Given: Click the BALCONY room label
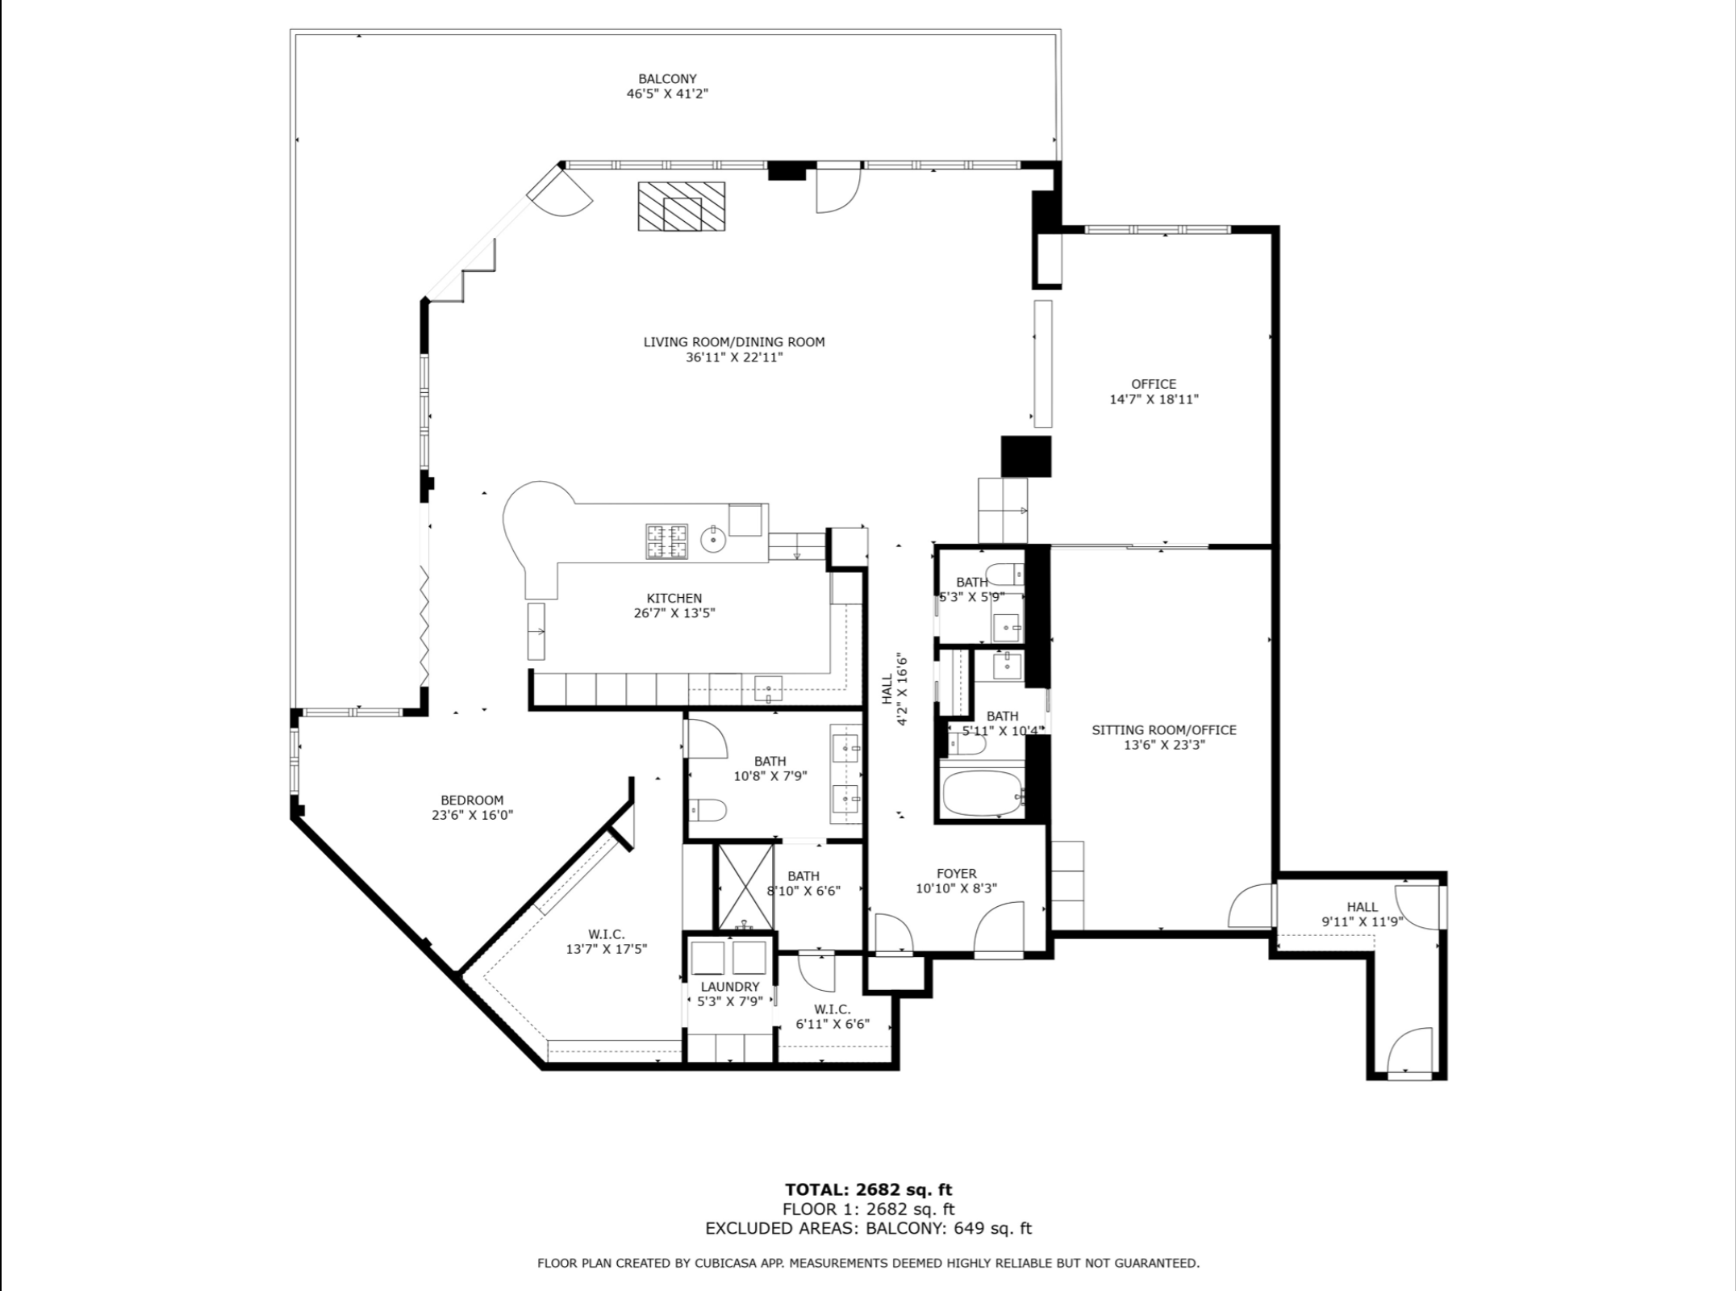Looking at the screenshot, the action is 667,79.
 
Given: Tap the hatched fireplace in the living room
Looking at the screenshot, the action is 682,206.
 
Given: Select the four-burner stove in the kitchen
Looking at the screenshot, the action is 666,541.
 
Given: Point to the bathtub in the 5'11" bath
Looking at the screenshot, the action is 983,793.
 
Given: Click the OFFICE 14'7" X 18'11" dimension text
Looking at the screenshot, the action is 1154,399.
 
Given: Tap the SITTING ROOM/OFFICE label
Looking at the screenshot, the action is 1164,730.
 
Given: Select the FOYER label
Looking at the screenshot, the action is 957,873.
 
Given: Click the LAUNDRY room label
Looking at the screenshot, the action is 730,986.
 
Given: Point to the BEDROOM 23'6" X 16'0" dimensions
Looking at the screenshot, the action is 472,815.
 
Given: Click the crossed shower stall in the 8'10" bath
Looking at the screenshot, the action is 745,886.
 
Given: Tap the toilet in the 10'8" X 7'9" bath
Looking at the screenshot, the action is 708,808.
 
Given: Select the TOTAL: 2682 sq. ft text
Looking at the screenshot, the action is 869,1189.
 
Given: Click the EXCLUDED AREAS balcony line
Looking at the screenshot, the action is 869,1229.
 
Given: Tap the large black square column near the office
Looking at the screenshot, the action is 1027,456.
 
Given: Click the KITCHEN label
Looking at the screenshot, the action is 674,598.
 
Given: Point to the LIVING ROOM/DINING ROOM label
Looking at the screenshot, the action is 734,342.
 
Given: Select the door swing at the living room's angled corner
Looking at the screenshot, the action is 562,194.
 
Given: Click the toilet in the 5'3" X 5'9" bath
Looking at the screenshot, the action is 1006,574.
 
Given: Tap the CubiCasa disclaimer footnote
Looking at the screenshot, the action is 869,1264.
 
